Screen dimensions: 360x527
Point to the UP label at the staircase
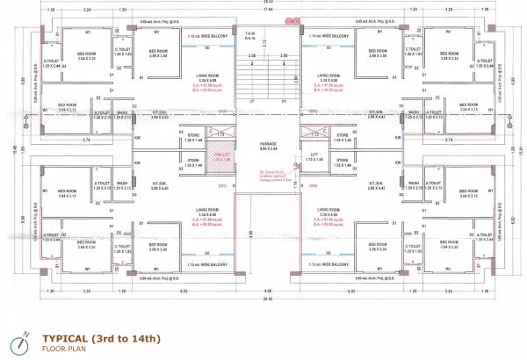pos(253,100)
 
